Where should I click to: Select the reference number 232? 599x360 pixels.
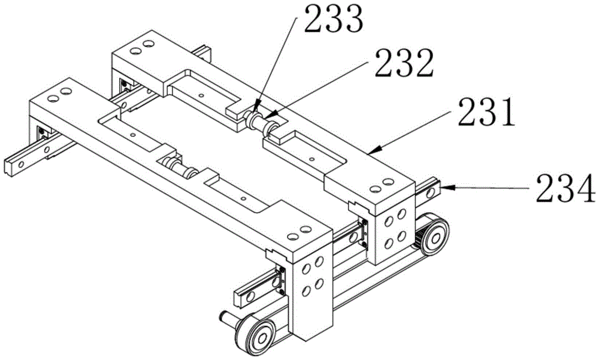click(x=404, y=63)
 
